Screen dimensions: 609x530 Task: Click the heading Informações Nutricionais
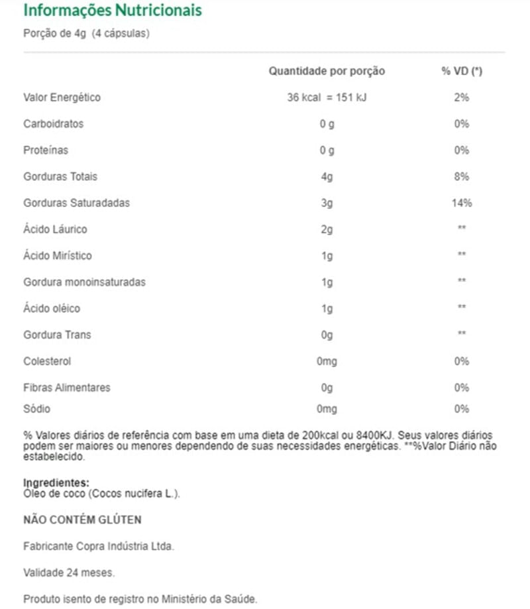[x=113, y=11]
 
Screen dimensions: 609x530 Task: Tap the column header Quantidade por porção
[x=327, y=71]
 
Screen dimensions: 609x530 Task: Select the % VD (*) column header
[x=462, y=71]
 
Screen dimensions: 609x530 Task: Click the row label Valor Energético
[x=62, y=97]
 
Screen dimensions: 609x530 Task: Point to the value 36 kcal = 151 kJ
[x=327, y=97]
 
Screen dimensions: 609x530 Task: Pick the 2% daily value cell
[x=462, y=97]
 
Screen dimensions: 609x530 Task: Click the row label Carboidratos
[x=54, y=124]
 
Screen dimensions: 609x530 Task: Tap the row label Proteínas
[x=46, y=150]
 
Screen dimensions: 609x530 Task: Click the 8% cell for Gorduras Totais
[x=462, y=177]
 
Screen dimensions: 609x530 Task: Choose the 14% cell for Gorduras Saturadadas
[x=462, y=203]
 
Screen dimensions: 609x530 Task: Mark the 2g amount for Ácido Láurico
[x=327, y=230]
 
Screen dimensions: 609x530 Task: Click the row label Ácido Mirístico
[x=58, y=256]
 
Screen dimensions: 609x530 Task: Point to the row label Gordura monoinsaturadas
[x=84, y=282]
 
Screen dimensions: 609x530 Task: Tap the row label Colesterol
[x=47, y=362]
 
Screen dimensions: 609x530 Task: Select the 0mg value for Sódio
[x=327, y=409]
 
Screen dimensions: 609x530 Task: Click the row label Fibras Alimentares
[x=67, y=388]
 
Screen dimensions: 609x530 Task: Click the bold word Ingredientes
[x=56, y=483]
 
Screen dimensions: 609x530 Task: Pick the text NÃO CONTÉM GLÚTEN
[x=82, y=520]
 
